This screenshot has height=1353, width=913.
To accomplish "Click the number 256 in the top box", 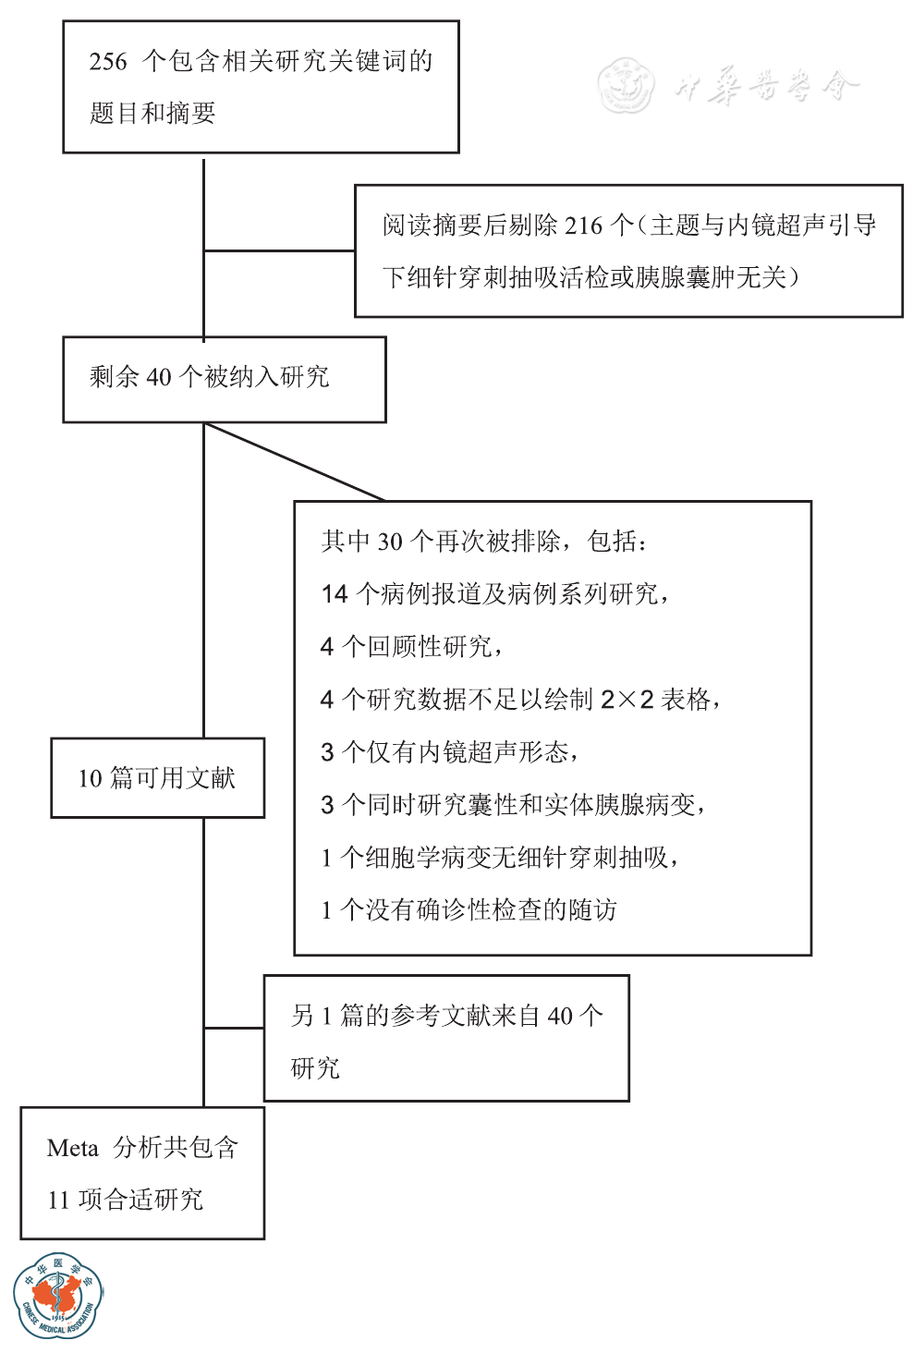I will tap(108, 62).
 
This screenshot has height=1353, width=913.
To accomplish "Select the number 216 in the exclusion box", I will tap(583, 225).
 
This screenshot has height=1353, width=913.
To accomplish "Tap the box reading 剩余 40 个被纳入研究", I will tap(224, 379).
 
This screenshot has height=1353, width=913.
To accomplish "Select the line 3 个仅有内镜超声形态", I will tap(449, 752).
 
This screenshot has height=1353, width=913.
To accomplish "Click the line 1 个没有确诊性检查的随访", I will tap(469, 910).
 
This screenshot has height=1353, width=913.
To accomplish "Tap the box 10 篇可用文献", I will tap(157, 778).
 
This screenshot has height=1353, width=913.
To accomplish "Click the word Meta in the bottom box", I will tap(72, 1149).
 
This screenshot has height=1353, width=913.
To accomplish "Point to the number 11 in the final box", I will tap(58, 1201).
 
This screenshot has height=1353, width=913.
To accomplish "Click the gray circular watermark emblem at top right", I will tap(626, 86).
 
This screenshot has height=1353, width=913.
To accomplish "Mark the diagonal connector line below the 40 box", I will tap(294, 462).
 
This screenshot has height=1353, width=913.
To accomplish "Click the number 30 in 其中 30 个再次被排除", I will tap(390, 542).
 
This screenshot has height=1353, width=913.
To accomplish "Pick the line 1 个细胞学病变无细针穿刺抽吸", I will tap(499, 858).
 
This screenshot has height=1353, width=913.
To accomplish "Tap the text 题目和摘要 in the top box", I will tap(152, 114).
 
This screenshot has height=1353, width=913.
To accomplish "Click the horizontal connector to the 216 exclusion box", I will tap(279, 250).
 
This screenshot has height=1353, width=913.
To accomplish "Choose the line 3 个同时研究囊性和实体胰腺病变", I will tap(513, 805).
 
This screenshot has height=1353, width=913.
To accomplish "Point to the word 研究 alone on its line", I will tap(315, 1068).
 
